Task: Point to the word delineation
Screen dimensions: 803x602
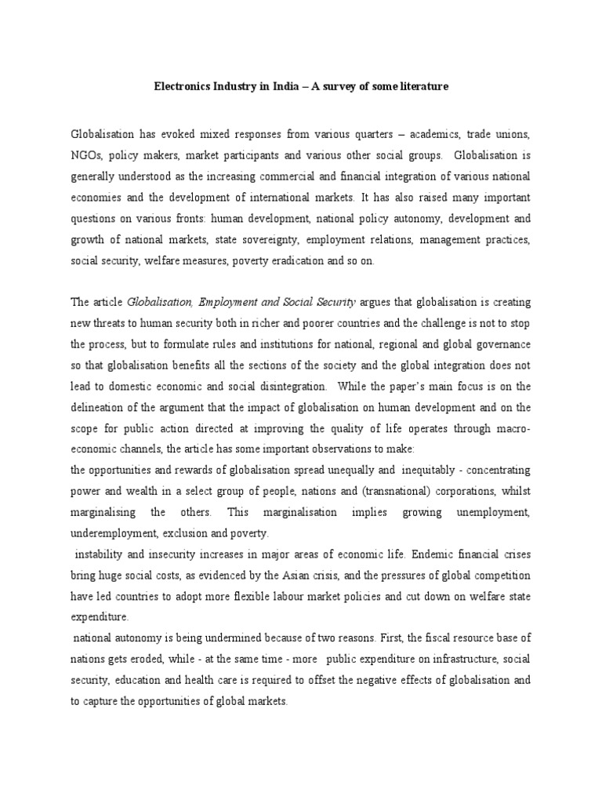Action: [x=100, y=407]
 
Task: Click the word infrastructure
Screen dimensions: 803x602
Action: [x=453, y=659]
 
